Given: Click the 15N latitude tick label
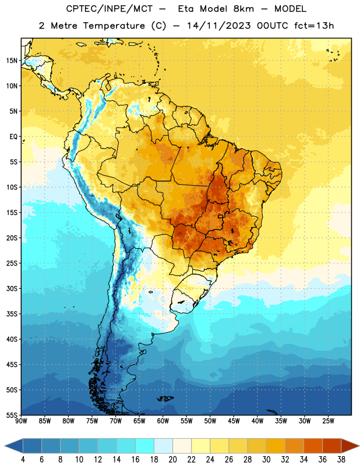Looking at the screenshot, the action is click(x=12, y=61).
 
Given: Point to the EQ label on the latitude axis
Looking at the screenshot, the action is click(x=13, y=137).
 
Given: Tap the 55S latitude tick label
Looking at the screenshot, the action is click(x=12, y=415).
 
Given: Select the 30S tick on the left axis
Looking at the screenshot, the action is click(x=12, y=288).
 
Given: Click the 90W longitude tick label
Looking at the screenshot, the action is click(x=22, y=421).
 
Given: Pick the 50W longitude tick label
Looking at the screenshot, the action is click(x=210, y=421).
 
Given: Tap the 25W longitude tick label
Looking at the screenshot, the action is click(x=328, y=421).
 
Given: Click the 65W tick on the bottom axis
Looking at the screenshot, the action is click(x=139, y=421).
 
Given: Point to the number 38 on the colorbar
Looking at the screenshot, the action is click(x=341, y=460).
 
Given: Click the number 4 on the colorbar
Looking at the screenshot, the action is click(x=23, y=460).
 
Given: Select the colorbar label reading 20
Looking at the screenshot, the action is click(x=172, y=460).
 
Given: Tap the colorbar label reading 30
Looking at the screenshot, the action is click(x=266, y=460).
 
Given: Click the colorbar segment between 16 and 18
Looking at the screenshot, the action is click(x=145, y=446).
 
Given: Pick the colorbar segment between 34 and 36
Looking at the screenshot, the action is click(x=313, y=446).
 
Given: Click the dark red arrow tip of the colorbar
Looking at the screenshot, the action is click(x=359, y=446).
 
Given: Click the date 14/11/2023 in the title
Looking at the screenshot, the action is click(x=219, y=26).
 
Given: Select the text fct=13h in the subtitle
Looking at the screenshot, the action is click(x=314, y=26).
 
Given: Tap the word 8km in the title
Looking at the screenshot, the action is click(x=243, y=9).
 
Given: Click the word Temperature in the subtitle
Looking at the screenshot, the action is click(x=114, y=26).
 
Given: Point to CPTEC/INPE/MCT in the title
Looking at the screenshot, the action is click(x=109, y=9).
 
